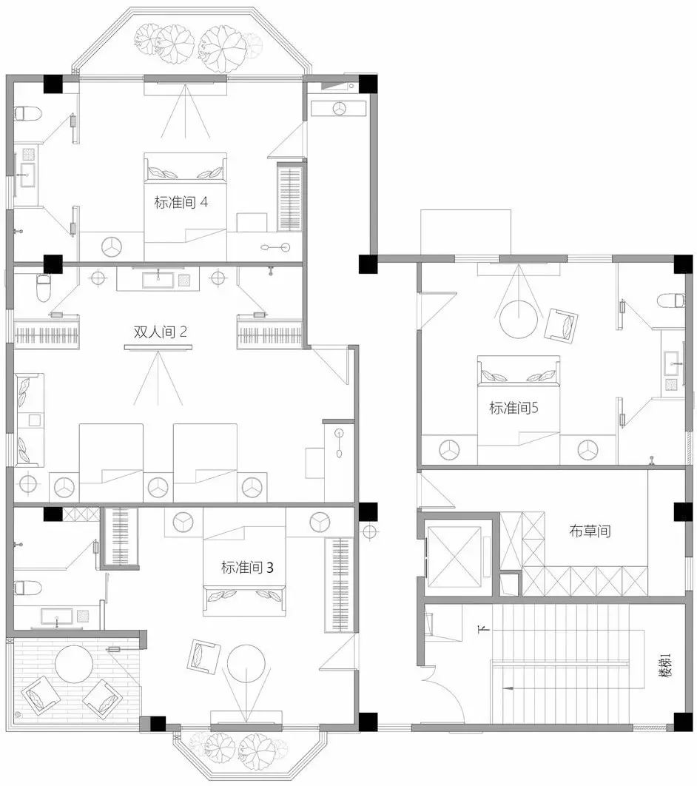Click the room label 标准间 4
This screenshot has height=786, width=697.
[181, 203]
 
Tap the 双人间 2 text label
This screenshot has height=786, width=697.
[160, 332]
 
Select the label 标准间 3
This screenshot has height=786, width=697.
[247, 568]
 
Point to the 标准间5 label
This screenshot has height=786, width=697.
[514, 408]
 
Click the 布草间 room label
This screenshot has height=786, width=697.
[590, 531]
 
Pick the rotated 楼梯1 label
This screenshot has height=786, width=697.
[665, 665]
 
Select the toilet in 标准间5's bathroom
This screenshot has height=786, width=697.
[671, 300]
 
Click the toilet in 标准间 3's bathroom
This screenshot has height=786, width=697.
[27, 588]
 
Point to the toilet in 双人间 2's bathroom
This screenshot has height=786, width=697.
[44, 288]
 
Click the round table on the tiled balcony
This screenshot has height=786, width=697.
[74, 664]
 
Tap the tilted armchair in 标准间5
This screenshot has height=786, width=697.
[561, 325]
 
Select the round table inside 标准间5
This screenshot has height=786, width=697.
[519, 319]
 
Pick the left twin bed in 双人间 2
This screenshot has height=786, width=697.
[111, 463]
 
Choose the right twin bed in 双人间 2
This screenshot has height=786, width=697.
[206, 463]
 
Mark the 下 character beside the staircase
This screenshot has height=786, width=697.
[484, 628]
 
